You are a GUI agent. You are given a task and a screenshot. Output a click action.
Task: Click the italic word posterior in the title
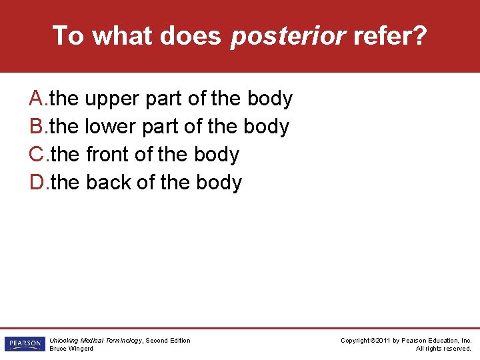(x=288, y=36)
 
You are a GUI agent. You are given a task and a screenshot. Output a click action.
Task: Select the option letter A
(x=37, y=99)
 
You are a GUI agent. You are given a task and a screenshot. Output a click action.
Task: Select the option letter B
(x=37, y=127)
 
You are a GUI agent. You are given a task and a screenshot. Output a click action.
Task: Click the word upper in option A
(x=112, y=99)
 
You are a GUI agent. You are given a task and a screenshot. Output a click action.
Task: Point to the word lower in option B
(x=111, y=127)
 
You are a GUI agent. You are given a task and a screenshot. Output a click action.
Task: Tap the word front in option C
(x=107, y=155)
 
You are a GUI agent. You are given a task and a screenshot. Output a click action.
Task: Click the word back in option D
(x=109, y=183)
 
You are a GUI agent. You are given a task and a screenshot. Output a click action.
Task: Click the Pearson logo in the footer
(x=23, y=344)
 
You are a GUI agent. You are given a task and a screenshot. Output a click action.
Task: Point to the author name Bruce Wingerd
(x=71, y=349)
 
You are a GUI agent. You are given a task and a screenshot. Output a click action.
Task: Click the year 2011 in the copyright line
(x=383, y=341)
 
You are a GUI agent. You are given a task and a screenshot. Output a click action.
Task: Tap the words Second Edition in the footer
(x=167, y=341)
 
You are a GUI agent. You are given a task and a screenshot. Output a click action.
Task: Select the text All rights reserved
(x=443, y=349)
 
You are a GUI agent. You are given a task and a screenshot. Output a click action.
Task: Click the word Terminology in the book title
(x=123, y=341)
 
